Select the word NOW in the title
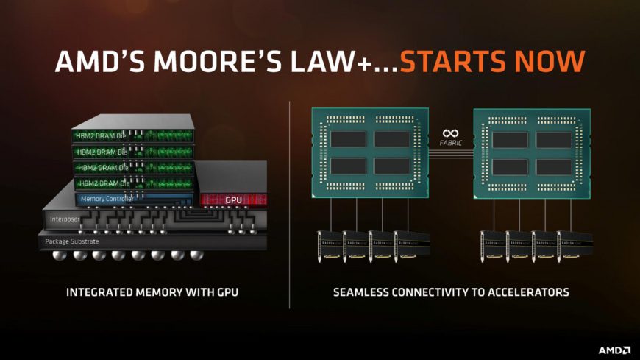pos(548,61)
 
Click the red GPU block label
pos(233,199)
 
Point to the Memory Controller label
pos(104,199)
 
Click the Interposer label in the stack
pos(64,219)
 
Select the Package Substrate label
pos(71,241)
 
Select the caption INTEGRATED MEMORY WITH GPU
pos(152,292)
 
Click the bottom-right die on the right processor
pos(554,167)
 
